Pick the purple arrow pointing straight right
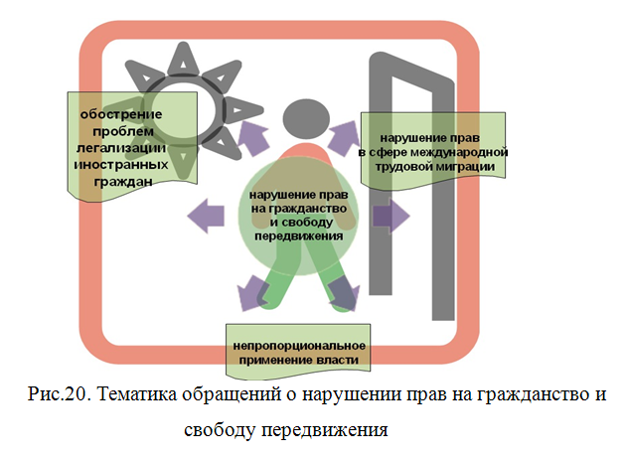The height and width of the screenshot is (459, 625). [x=391, y=215]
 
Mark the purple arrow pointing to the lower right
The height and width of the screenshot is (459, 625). [x=344, y=292]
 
